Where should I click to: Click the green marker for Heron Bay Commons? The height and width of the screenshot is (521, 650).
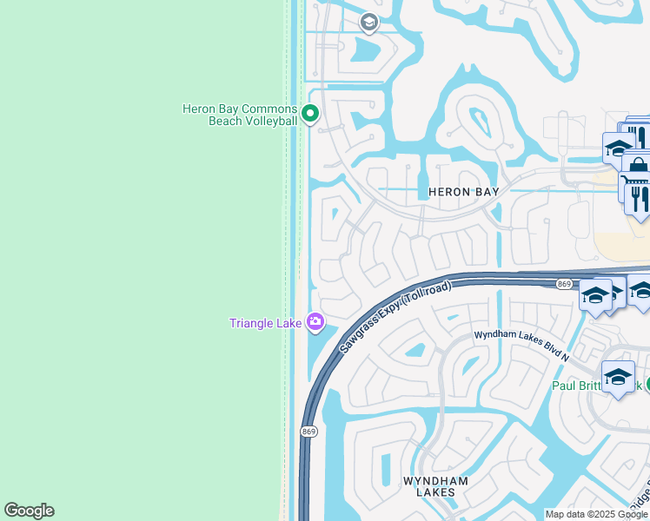(309, 113)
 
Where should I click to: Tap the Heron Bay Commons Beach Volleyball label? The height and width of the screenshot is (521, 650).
(239, 115)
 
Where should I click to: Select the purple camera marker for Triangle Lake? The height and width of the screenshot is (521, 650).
(315, 323)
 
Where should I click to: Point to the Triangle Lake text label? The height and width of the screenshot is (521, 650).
(265, 324)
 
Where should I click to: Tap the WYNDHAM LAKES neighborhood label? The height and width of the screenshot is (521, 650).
(435, 486)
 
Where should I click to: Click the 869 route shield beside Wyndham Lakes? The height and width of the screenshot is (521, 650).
(308, 432)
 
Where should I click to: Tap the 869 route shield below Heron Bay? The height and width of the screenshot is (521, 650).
(564, 284)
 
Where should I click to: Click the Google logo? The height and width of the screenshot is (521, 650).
(29, 511)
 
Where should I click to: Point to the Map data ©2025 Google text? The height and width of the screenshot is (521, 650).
(597, 514)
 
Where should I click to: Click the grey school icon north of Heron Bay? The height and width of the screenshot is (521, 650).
(368, 22)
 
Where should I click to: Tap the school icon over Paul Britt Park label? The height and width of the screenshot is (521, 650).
(618, 377)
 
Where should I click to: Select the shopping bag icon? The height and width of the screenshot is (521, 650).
(639, 165)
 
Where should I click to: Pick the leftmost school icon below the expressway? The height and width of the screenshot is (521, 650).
(596, 295)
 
